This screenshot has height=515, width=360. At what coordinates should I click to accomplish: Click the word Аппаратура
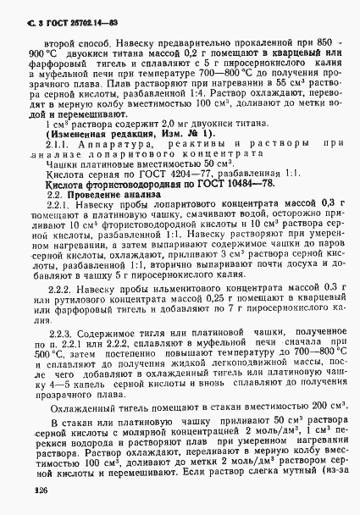click(119, 144)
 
